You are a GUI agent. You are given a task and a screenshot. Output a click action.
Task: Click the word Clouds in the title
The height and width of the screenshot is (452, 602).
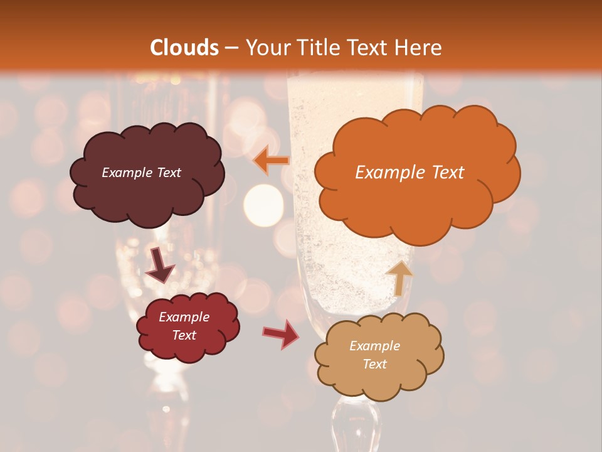(184, 48)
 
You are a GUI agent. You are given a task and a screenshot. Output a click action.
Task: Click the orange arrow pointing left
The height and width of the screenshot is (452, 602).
(271, 161)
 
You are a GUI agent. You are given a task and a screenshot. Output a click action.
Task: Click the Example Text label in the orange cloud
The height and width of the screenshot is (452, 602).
(409, 173)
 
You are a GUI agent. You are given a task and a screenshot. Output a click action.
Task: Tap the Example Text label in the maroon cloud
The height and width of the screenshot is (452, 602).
(141, 173)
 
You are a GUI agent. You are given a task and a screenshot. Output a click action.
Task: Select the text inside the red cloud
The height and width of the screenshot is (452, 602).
(184, 326)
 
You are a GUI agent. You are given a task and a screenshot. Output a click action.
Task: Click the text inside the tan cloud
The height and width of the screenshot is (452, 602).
(374, 355)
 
